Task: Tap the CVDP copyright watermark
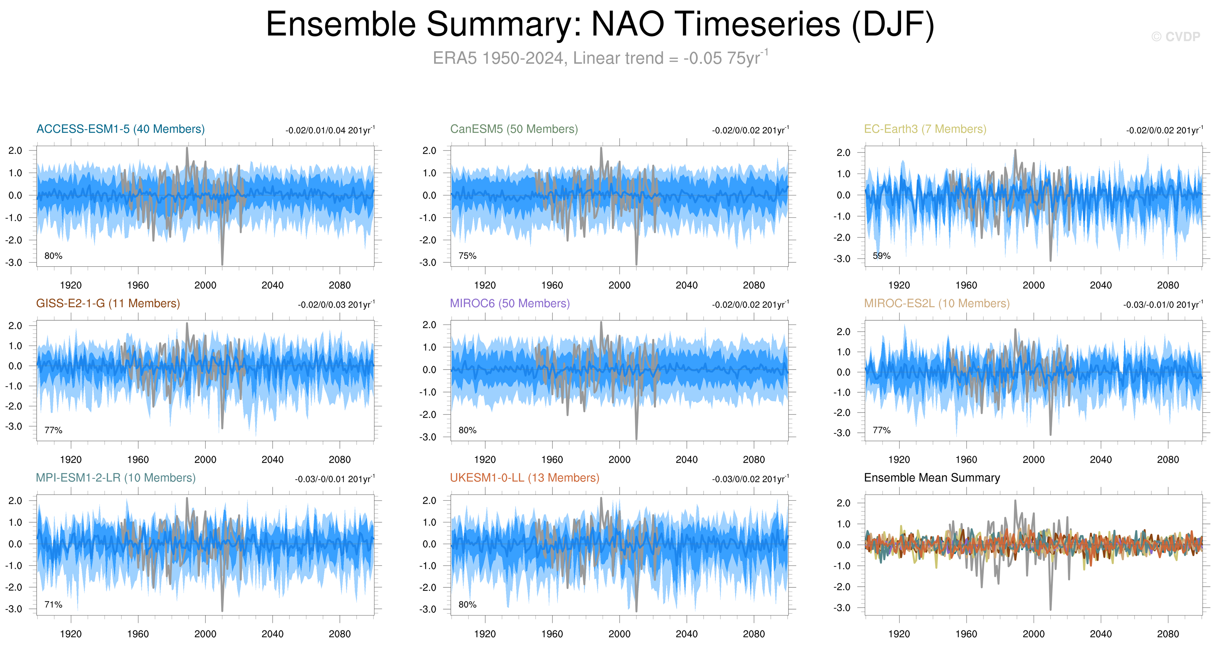1175,37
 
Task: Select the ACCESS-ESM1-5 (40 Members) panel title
121,129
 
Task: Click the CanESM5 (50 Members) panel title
514,129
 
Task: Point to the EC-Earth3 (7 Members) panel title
925,129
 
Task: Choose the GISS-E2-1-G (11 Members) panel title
108,303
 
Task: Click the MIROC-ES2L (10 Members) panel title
936,303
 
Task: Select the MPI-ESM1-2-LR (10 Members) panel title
116,478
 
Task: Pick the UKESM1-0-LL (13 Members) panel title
524,478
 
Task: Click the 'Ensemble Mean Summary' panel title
932,478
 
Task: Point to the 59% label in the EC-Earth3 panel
881,256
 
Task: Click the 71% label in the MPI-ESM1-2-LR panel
53,604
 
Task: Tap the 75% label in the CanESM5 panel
467,256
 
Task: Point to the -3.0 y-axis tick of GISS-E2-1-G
14,426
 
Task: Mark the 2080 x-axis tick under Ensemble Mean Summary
1168,634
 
